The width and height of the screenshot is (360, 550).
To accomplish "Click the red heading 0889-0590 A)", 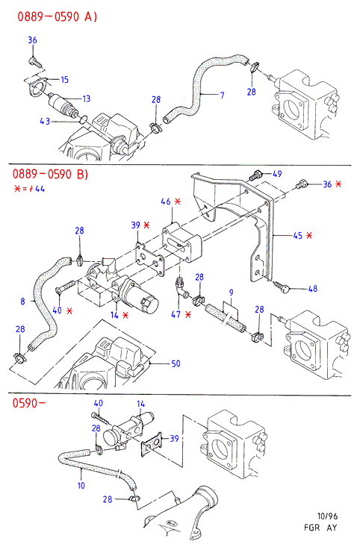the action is tap(58, 16).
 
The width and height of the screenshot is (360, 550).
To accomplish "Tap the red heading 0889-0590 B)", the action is tap(50, 174).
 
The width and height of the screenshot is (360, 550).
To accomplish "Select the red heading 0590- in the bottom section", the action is tap(29, 403).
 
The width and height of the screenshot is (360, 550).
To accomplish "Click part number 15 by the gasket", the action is tap(65, 80).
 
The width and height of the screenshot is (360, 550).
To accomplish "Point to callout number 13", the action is tap(87, 99).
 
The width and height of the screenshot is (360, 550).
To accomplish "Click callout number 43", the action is tap(45, 122).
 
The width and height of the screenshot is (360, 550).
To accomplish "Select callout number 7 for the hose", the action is tap(222, 95).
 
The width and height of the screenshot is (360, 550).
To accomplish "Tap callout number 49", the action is tap(277, 174).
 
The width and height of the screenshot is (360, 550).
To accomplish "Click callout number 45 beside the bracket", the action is tap(298, 236).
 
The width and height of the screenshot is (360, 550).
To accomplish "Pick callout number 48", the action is tap(313, 289).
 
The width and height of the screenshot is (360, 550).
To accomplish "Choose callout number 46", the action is tap(166, 201).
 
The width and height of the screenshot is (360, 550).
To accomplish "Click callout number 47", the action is tap(176, 314).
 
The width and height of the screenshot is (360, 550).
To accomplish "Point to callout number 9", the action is tap(231, 293).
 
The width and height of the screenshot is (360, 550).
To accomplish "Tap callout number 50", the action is tap(176, 363).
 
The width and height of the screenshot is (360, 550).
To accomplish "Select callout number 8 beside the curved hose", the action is tap(23, 301).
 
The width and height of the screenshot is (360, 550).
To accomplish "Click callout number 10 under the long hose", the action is tap(81, 486).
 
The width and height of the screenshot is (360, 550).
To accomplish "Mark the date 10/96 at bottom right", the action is tap(327, 516).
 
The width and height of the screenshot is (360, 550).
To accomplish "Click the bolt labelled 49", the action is tap(255, 175).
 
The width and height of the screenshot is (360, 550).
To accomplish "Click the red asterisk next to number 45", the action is tap(309, 235).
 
